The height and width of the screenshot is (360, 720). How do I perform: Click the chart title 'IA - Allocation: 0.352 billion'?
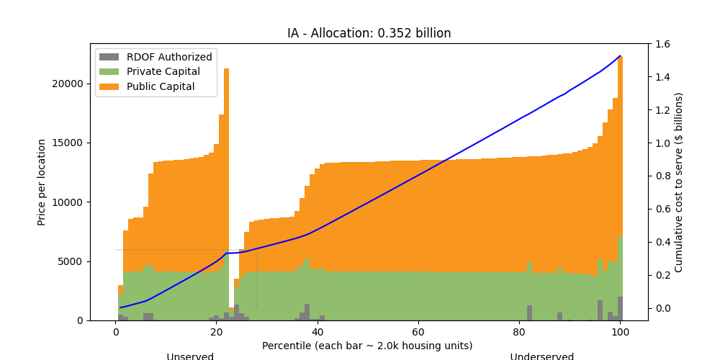point(369,33)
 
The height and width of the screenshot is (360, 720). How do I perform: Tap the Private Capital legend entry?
point(163,72)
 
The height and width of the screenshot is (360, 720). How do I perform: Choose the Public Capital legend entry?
point(161,86)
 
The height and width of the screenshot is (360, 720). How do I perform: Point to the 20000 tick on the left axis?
point(70,84)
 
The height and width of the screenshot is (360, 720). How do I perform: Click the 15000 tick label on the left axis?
point(70,143)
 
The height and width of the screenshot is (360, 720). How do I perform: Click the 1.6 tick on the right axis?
point(662,44)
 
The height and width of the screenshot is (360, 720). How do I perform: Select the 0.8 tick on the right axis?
point(662,176)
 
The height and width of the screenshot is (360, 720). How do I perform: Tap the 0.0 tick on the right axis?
point(662,308)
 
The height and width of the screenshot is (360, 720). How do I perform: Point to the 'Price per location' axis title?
point(42,182)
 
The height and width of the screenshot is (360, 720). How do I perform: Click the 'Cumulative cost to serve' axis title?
point(678,182)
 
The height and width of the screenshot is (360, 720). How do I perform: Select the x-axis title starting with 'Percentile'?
point(367,346)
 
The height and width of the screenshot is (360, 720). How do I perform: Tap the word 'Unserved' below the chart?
point(190,356)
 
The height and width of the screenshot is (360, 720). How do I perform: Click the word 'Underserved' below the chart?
point(542,356)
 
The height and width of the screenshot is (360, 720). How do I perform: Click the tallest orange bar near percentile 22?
point(226,144)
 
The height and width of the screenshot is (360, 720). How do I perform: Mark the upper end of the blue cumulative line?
point(620,55)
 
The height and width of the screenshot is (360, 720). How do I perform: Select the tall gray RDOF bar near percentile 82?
point(529,312)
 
